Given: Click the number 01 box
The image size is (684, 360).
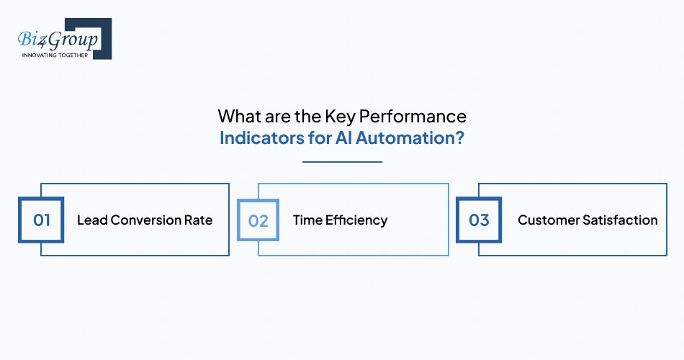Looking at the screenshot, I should tap(42, 220).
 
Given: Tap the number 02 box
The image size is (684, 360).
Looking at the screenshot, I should tap(258, 220).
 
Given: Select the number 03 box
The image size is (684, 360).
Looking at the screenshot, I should tap(479, 220).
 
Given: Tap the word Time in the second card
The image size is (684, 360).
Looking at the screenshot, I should tap(307, 220).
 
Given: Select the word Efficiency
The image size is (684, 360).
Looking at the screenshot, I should tap(356, 220).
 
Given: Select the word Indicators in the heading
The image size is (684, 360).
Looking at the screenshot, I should tap(256, 138).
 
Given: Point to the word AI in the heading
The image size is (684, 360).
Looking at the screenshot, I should tap(343, 138).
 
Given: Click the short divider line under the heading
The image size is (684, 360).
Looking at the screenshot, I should tap(342, 162).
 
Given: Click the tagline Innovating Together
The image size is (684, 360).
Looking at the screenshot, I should tap(55, 55).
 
